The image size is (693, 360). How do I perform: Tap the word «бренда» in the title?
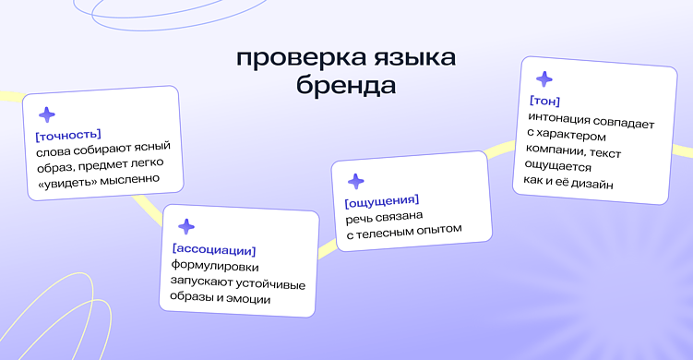point(346,87)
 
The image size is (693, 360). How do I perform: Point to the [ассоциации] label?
point(214,249)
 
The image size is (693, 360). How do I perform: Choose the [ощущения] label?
point(382,200)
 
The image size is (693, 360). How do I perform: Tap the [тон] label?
point(544,101)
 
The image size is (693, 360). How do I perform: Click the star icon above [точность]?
point(46,114)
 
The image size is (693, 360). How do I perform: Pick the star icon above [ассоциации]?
point(185,227)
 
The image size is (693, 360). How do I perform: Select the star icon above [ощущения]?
point(355,181)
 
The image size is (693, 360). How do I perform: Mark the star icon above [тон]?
point(544,79)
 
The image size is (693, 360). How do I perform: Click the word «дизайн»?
point(595,184)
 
